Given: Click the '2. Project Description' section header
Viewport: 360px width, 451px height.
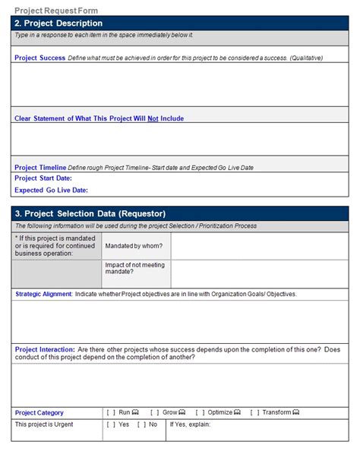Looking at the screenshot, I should point(58,24).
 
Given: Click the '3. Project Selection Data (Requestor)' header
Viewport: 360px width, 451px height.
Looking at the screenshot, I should point(90,213).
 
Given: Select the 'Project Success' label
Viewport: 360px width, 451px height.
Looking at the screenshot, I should point(39,58).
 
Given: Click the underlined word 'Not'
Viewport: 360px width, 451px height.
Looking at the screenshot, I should point(153,118).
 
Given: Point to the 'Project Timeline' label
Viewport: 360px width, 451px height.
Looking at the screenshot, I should point(40,167).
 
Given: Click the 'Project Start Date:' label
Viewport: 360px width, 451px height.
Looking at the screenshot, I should point(43,178).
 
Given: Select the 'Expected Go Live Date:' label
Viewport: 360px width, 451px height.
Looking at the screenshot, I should point(51,190).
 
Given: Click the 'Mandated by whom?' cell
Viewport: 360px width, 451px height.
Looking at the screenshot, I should point(128,246).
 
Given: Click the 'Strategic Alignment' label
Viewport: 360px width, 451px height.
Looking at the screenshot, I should point(43,294).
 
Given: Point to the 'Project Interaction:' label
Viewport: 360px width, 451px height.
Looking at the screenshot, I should point(45,349).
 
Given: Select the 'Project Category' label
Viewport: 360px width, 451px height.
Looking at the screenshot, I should point(39,412).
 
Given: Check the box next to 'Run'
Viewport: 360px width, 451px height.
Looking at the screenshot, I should point(111,412).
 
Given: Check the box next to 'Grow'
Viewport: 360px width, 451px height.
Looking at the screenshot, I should point(154,412).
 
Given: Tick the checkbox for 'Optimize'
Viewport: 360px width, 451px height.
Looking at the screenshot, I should point(200,412).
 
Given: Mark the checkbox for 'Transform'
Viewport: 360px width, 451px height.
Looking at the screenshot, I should point(254,412).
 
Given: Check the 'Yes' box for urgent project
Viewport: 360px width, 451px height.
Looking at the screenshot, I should point(111,424).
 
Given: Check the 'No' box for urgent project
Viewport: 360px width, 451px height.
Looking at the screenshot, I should point(141,424).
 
